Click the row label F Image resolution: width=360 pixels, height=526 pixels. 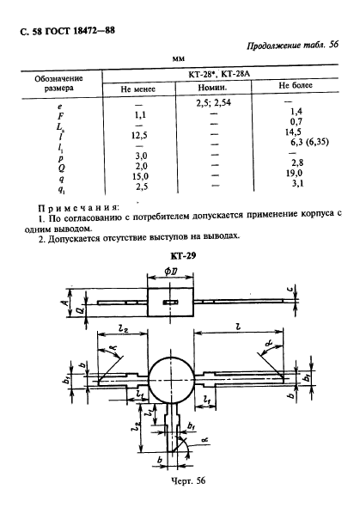click(59, 113)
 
